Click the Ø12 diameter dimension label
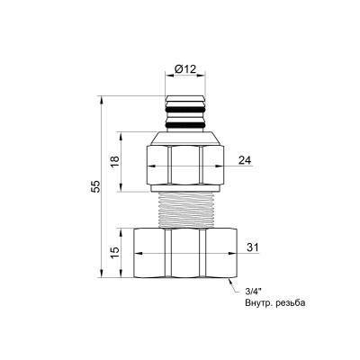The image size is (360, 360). coord(185,69)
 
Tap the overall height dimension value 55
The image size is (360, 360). coord(95,186)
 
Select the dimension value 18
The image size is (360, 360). coord(115,162)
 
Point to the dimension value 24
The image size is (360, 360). coord(245,160)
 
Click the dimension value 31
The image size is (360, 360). coord(252,247)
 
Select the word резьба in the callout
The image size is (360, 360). coord(290,303)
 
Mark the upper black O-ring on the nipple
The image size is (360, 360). coord(185,110)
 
